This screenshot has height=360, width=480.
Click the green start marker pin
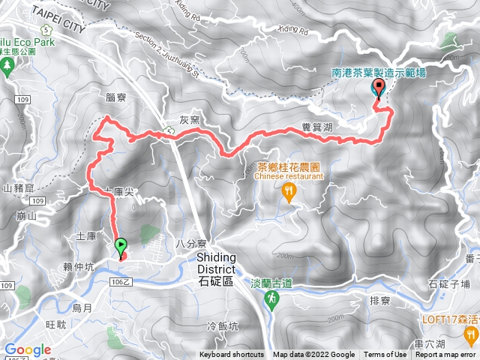tap(121, 245)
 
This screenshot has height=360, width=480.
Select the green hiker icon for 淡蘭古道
tap(272, 299)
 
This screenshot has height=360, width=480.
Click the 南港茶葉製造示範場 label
tap(379, 73)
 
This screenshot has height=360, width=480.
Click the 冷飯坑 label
tap(221, 325)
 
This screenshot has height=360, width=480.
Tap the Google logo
tap(28, 349)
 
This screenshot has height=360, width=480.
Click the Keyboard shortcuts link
tap(232, 355)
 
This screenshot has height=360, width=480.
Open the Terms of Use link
tap(385, 355)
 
